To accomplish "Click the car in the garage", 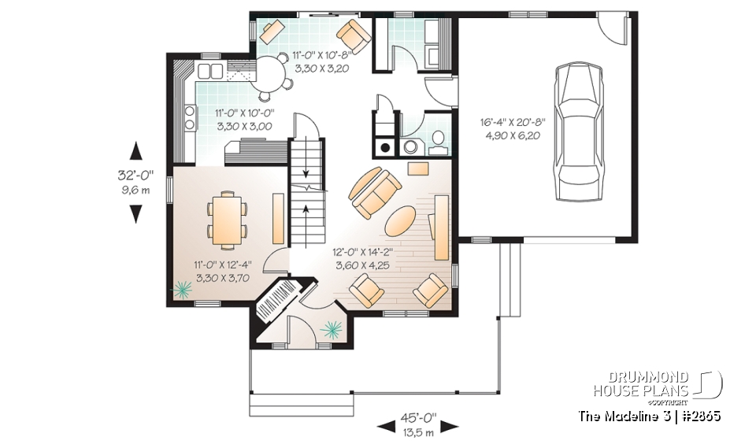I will click(x=584, y=134).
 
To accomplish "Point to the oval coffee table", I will click(x=402, y=220).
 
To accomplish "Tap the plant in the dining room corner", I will click(x=182, y=292).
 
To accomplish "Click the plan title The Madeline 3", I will click(x=622, y=415).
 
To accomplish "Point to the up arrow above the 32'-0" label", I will click(x=137, y=150).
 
